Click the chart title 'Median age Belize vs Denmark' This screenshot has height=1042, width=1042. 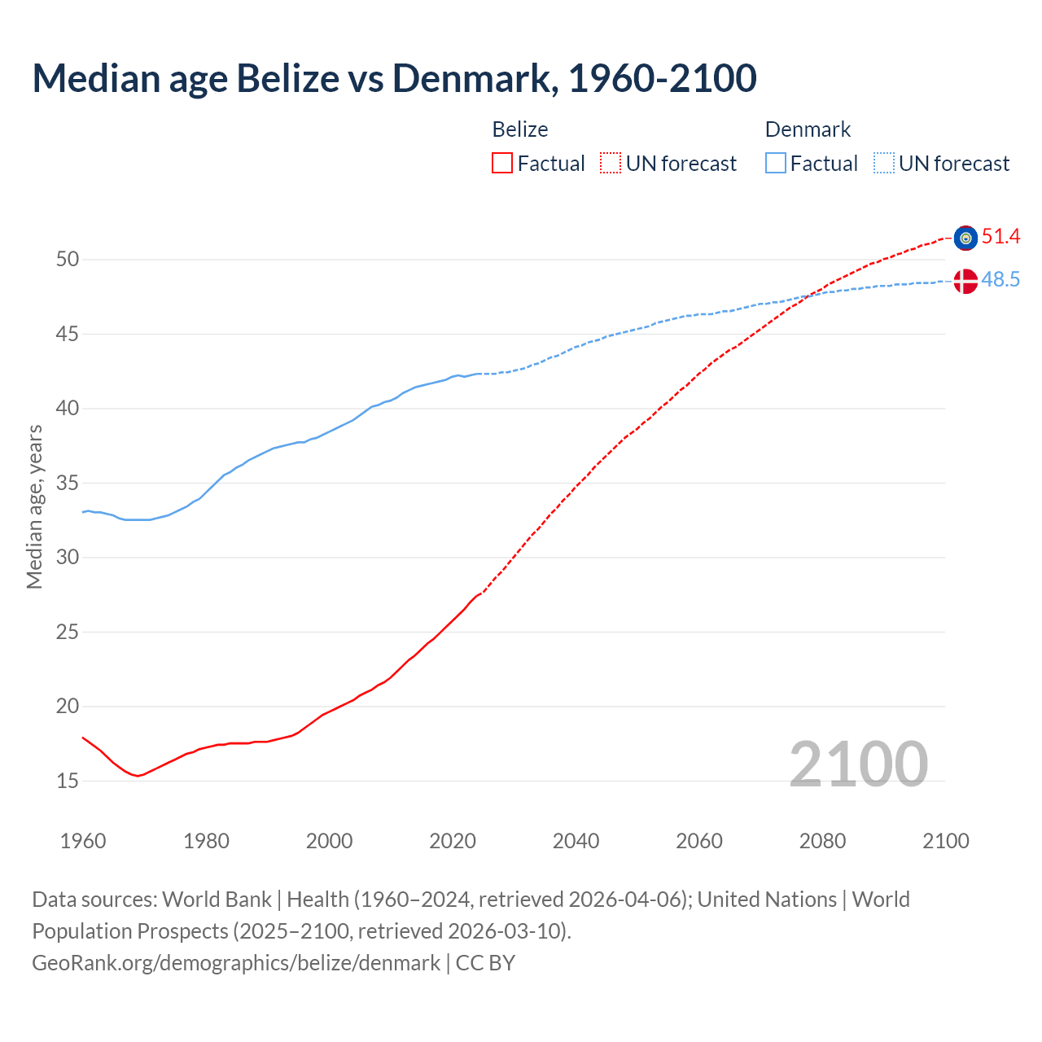pos(394,78)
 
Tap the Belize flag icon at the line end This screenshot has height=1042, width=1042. pos(965,238)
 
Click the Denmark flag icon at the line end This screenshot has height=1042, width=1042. pos(965,281)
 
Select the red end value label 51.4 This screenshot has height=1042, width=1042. pos(1000,237)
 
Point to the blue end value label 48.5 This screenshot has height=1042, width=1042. pos(1000,280)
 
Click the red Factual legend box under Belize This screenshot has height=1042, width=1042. pos(502,164)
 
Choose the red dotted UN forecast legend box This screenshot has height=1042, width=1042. pos(611,164)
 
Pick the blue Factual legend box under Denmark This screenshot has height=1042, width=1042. pos(776,164)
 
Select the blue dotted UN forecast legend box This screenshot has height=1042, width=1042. pos(884,164)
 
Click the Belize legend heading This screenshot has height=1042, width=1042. pos(520,129)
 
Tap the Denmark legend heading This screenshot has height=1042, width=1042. pos(808,129)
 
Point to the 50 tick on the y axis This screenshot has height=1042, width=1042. pos(68,260)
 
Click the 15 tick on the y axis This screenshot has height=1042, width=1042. pos(68,781)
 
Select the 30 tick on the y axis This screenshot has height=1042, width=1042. pos(68,558)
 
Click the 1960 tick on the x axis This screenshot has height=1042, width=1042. pos(83,841)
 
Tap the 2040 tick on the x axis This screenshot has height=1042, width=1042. pos(576,841)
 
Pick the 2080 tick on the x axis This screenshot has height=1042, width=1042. pos(822,841)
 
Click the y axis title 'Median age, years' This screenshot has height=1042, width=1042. pos(34,506)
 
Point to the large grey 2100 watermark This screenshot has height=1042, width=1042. pos(858,764)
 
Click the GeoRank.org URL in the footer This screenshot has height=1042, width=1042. pos(236,963)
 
